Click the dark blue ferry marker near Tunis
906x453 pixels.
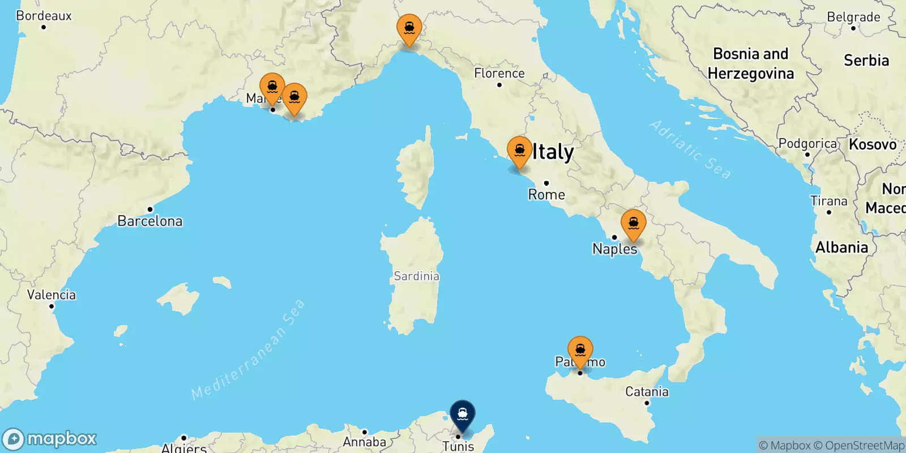click(x=463, y=414)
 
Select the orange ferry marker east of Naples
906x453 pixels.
click(x=633, y=224)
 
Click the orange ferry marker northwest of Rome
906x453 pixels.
click(x=519, y=151)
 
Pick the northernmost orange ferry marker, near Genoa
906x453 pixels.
click(x=409, y=28)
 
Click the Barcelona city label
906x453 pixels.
click(x=150, y=221)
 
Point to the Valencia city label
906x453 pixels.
click(x=52, y=295)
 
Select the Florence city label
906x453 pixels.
click(x=499, y=74)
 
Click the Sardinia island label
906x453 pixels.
click(x=416, y=276)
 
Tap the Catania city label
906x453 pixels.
click(x=647, y=392)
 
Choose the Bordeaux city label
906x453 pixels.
click(x=44, y=16)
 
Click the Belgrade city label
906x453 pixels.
click(x=853, y=17)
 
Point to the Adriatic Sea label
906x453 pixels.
click(x=690, y=149)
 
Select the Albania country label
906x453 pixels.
click(x=841, y=247)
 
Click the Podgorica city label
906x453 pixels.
click(x=807, y=144)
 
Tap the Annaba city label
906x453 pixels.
click(x=365, y=442)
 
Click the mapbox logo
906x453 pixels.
click(x=50, y=439)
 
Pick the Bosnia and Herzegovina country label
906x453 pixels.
click(x=751, y=63)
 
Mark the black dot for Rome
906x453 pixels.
click(x=546, y=183)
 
